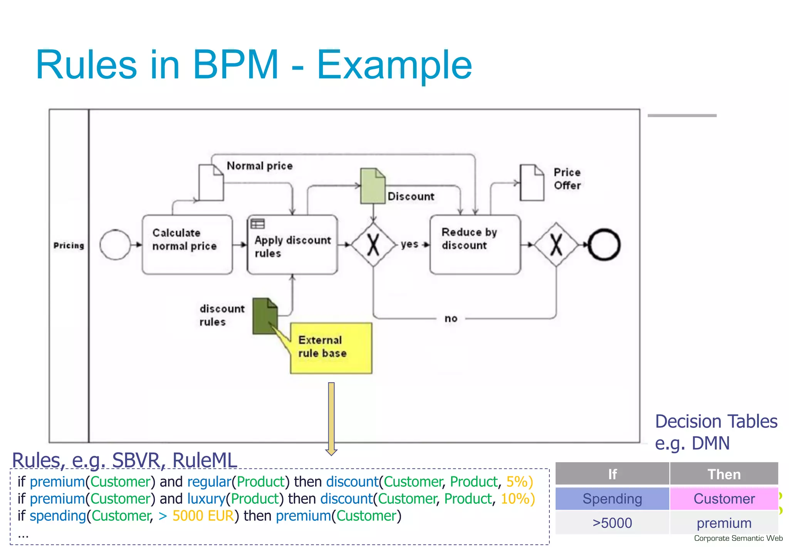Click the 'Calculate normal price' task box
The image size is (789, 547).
187,245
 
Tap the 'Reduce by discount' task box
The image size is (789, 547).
475,245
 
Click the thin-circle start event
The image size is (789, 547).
115,245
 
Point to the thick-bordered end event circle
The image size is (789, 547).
604,245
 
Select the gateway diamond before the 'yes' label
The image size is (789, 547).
373,245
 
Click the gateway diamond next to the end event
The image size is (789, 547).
556,245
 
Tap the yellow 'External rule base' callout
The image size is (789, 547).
331,348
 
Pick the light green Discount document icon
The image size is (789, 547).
372,186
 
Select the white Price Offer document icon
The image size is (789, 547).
532,183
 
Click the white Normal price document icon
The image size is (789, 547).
211,183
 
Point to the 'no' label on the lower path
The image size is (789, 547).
451,319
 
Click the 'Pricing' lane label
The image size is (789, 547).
69,245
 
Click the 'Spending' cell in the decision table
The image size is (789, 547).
612,499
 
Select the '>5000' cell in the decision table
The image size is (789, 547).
612,523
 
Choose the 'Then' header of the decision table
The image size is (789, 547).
724,474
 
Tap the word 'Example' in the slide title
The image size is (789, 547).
394,65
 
